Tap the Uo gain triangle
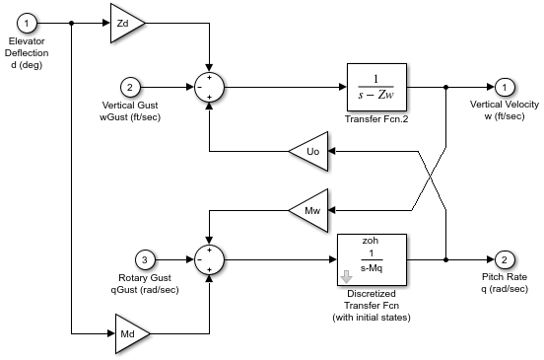click(308, 152)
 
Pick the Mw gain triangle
click(307, 209)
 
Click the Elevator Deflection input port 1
click(31, 22)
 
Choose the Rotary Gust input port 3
click(145, 260)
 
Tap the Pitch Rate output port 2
click(504, 260)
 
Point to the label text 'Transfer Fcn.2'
click(376, 120)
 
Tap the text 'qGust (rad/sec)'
click(145, 290)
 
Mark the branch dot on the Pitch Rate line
click(446, 260)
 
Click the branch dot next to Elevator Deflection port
click(72, 22)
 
